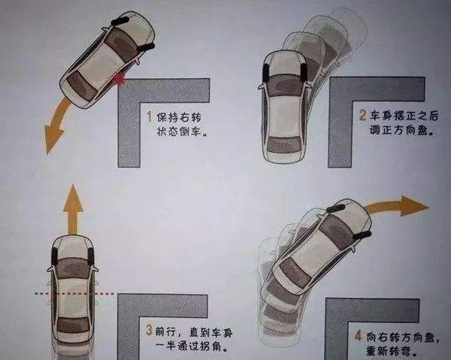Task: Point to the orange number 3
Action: (x=149, y=328)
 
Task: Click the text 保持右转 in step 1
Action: (x=178, y=118)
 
